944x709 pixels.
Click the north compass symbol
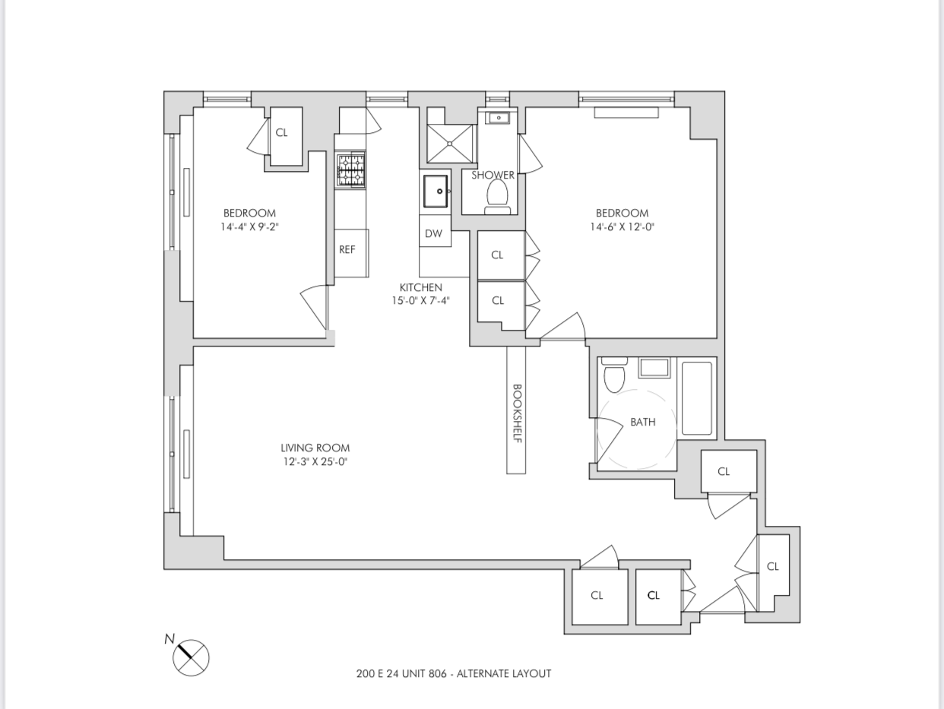[x=190, y=657]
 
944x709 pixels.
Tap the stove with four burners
[x=350, y=170]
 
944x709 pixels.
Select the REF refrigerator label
[x=347, y=249]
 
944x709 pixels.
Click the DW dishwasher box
[x=433, y=233]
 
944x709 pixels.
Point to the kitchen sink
[x=436, y=191]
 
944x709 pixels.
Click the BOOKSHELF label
[x=516, y=413]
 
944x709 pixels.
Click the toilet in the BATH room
[x=613, y=375]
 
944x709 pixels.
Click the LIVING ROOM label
[x=315, y=448]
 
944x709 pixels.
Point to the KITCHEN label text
[x=420, y=287]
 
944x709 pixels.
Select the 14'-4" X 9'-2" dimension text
[x=249, y=226]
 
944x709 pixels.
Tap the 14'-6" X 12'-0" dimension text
[x=622, y=226]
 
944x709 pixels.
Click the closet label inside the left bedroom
[x=281, y=132]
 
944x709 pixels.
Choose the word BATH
[x=642, y=422]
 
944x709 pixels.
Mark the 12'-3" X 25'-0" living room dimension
[x=315, y=461]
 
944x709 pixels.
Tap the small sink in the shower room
[x=499, y=118]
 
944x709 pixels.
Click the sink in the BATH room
[x=654, y=368]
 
